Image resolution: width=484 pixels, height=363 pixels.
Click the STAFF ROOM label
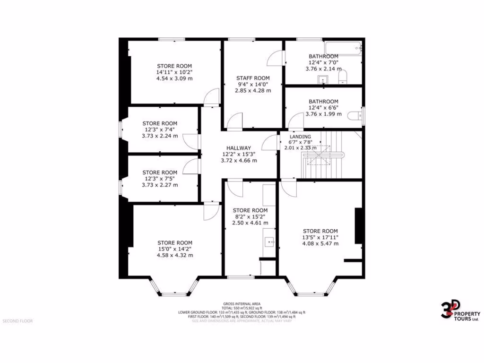coord(253,78)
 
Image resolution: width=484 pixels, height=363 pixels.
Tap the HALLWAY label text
coord(239,148)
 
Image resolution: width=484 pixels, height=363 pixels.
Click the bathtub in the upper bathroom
coord(346,47)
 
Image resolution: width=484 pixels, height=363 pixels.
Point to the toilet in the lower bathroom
coord(354,116)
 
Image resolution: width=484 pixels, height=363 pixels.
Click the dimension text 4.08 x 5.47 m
coord(320,244)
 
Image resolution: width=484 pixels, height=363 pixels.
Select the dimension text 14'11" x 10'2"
coord(174,72)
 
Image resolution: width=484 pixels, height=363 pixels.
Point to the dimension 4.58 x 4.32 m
coord(175,255)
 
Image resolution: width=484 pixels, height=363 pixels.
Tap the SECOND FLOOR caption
coord(17,321)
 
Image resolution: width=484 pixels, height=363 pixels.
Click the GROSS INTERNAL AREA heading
coord(242,303)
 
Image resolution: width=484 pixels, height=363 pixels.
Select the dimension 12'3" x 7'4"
coord(160,130)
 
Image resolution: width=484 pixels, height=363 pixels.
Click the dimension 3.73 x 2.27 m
coord(160,185)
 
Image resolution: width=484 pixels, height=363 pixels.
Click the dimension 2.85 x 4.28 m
coord(253,91)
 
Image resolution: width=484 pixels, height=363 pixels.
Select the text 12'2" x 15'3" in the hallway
coord(239,154)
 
